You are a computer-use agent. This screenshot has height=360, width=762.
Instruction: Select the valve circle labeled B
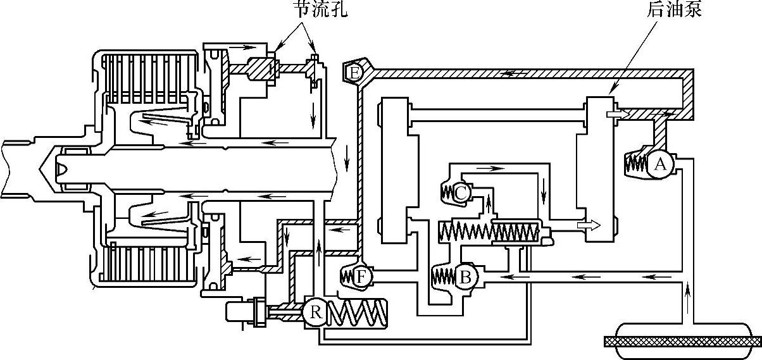[x=465, y=276]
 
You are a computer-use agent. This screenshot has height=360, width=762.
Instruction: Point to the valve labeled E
[x=354, y=73]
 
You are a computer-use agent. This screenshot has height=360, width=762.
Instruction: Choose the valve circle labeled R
[x=315, y=312]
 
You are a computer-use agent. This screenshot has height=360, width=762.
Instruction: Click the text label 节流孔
[x=319, y=11]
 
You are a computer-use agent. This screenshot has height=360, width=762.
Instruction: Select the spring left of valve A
[x=636, y=164]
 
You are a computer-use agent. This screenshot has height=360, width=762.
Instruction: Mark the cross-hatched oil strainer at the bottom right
[x=680, y=340]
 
